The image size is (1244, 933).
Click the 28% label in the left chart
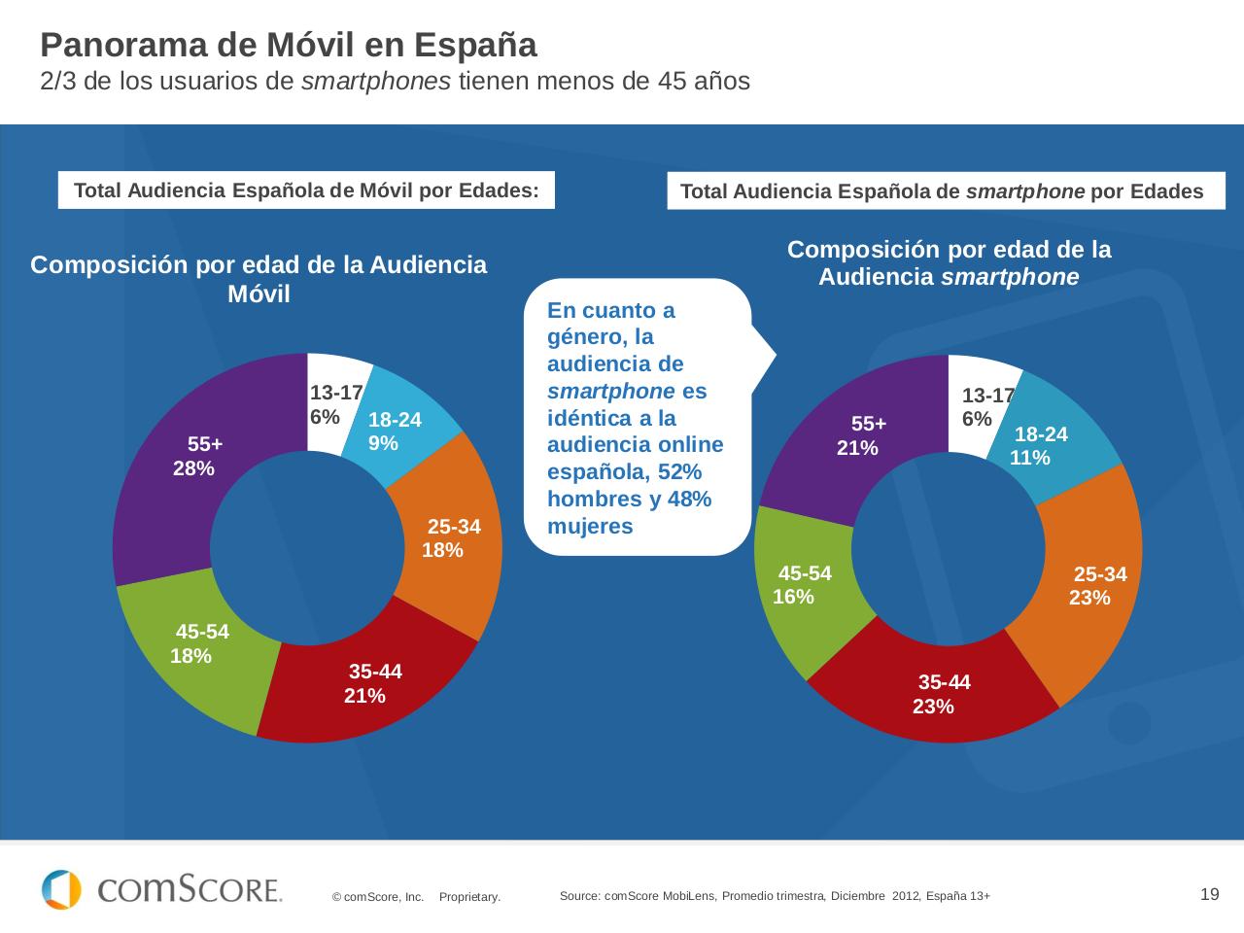pyautogui.click(x=193, y=468)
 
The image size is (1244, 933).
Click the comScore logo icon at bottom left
pyautogui.click(x=61, y=889)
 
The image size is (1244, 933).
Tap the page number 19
pyautogui.click(x=1209, y=894)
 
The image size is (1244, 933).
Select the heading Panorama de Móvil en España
pyautogui.click(x=289, y=46)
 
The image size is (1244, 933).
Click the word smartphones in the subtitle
pyautogui.click(x=375, y=82)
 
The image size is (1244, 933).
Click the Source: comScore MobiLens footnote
pyautogui.click(x=775, y=896)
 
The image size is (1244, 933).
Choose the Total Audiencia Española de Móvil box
pyautogui.click(x=306, y=190)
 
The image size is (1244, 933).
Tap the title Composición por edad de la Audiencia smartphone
pyautogui.click(x=949, y=263)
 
